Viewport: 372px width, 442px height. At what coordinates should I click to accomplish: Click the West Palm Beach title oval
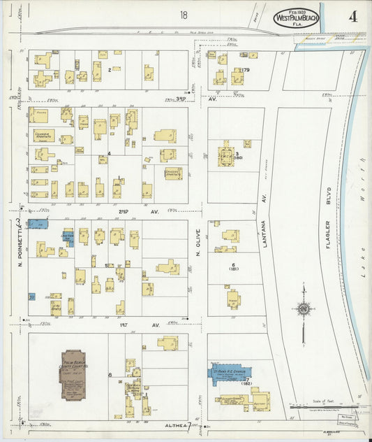297,17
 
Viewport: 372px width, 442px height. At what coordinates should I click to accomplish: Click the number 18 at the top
183,15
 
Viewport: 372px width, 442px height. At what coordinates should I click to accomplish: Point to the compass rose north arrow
304,308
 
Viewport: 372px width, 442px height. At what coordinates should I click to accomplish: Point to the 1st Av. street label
137,325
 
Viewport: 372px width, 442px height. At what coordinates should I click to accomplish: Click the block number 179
245,71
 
